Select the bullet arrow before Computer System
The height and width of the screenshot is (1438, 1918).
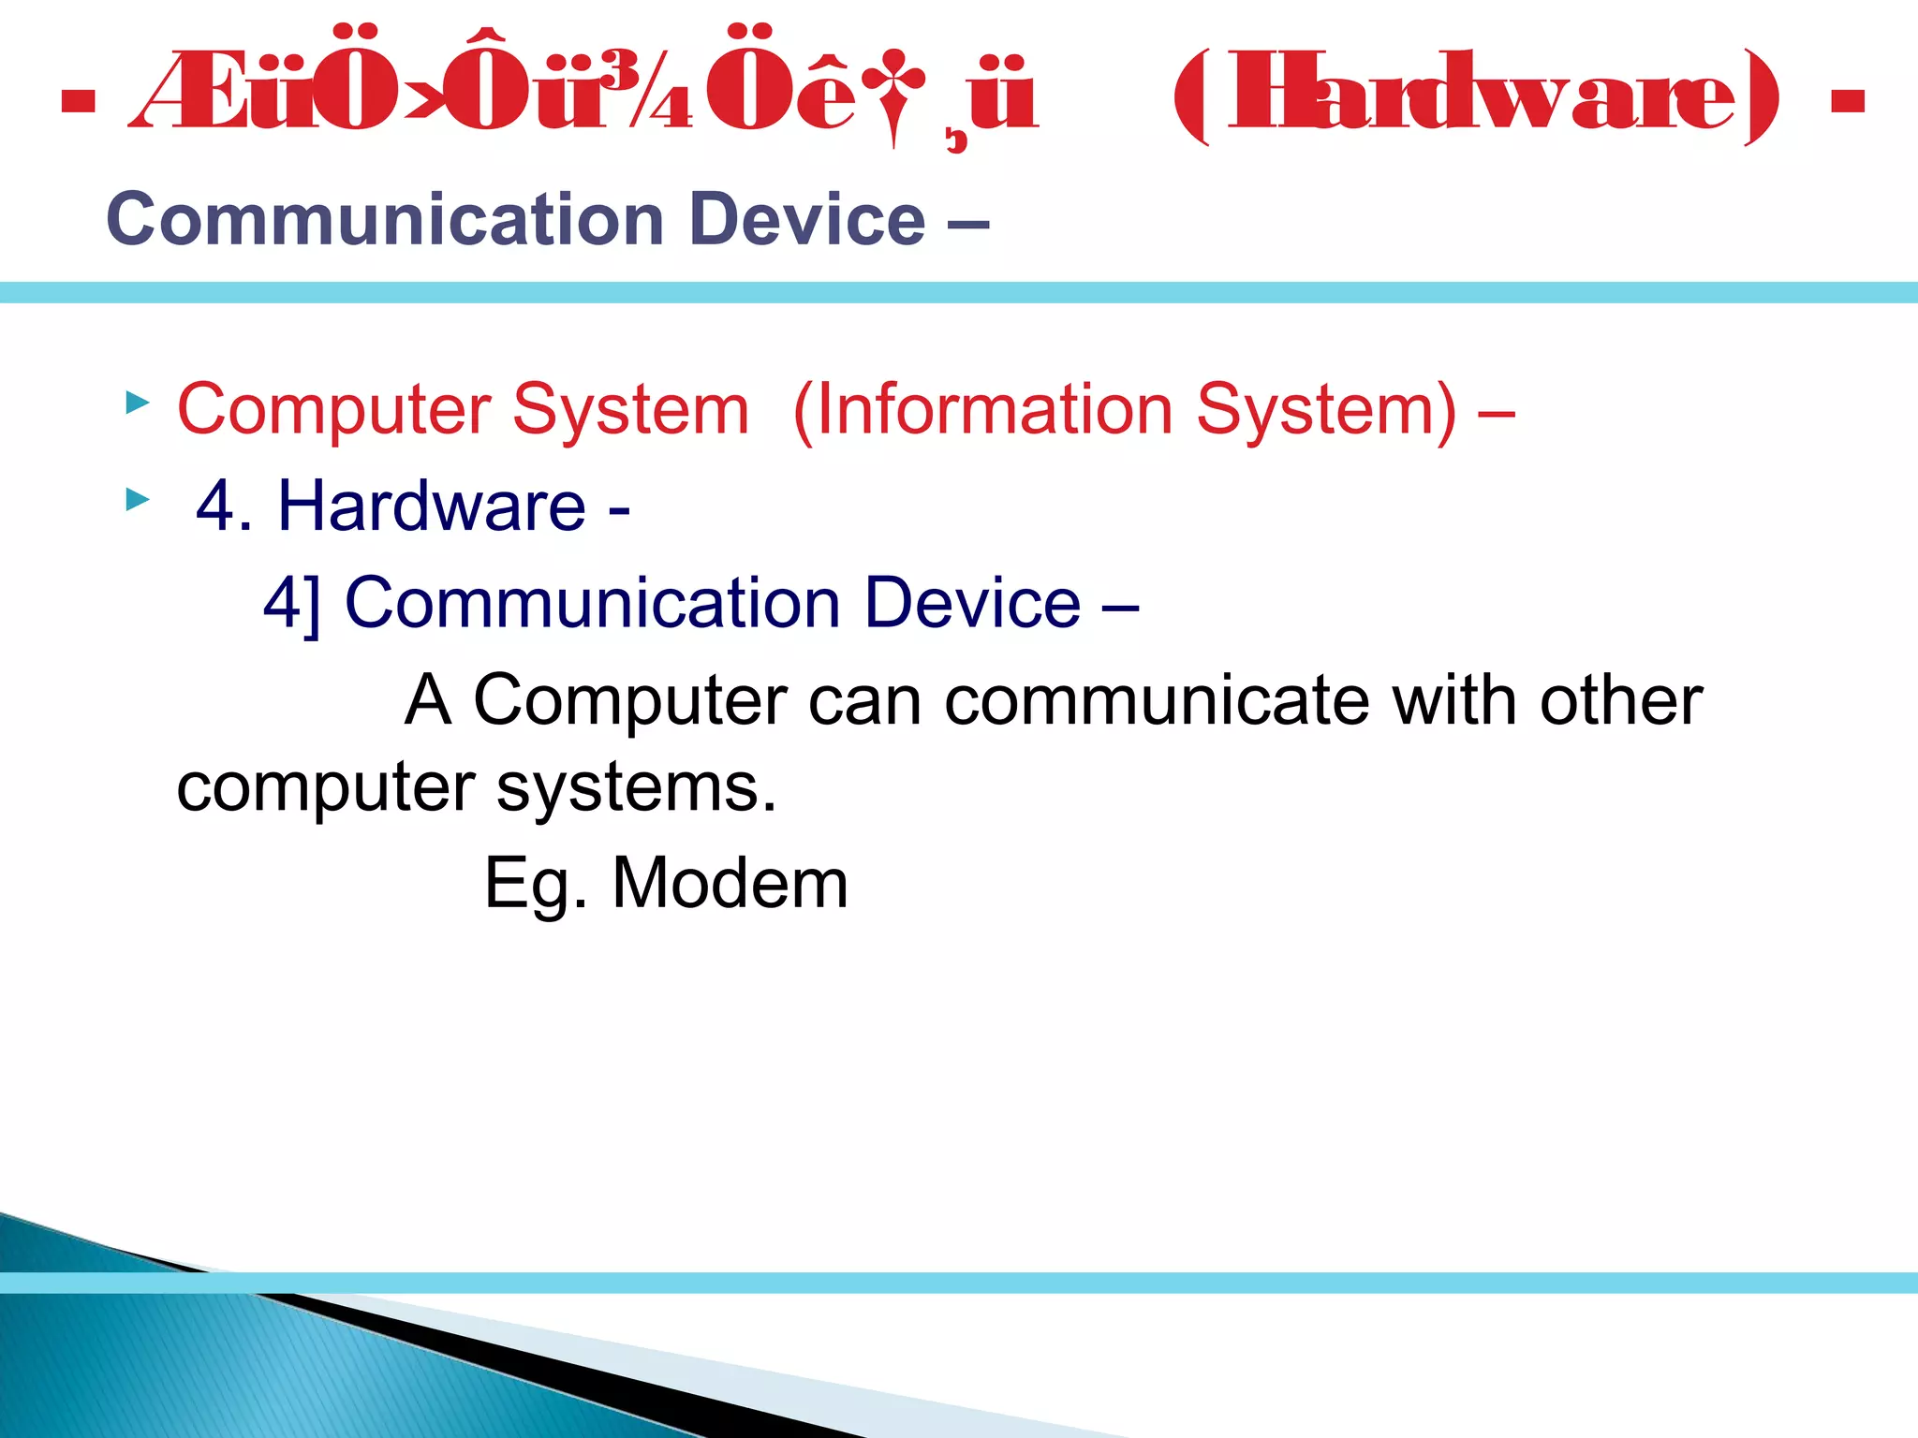point(138,404)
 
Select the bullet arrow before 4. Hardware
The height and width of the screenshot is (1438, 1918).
point(138,499)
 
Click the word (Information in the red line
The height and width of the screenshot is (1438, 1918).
point(982,410)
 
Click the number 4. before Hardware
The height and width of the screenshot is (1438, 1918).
point(225,506)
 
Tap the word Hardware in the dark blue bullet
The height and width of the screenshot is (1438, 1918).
point(432,506)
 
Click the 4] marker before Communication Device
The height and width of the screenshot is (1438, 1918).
point(291,603)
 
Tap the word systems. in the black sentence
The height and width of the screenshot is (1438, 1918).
point(636,788)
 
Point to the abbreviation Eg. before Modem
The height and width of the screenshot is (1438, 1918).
point(535,886)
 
